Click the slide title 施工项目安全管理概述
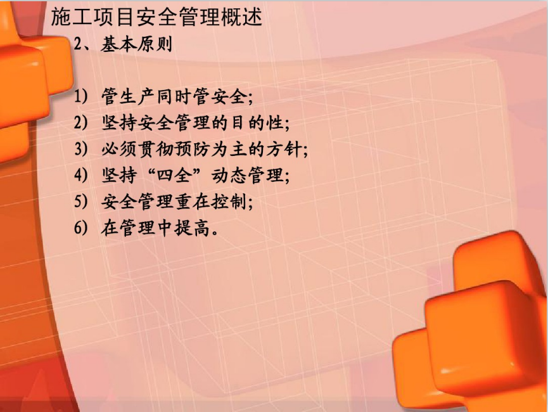(x=156, y=16)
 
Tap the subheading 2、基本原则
(x=124, y=45)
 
